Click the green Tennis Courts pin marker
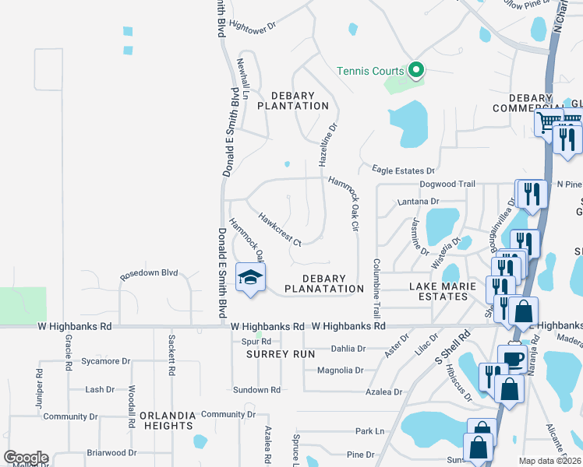coord(416,71)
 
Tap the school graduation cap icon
coord(250,278)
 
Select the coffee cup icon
coord(514,358)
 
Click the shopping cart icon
coord(549,122)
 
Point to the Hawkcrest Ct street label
coord(279,230)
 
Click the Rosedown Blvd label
coord(149,275)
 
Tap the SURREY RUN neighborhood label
coord(281,354)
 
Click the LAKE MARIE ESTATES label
coord(450,291)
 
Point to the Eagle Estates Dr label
coord(403,170)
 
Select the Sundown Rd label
coord(256,390)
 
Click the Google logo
coord(26,458)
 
